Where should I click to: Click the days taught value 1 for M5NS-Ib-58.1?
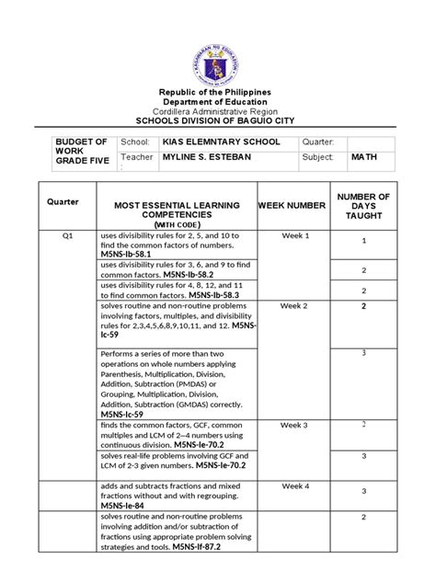(364, 241)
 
